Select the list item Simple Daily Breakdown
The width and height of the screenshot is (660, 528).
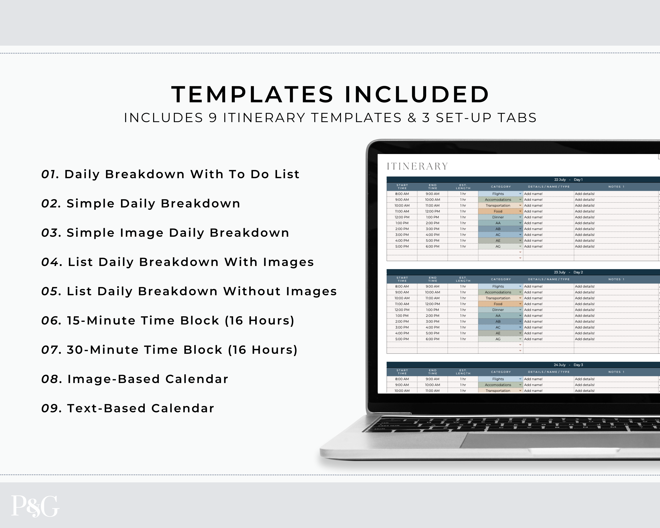153,203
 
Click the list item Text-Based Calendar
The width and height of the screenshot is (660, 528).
141,408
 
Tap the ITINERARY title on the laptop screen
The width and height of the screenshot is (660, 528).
417,166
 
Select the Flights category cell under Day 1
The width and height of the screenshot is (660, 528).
498,194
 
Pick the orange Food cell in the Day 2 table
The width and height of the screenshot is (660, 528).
498,304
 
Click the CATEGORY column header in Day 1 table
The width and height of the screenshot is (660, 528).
501,187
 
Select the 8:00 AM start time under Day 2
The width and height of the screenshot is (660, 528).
402,286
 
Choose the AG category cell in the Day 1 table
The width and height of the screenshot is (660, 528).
498,246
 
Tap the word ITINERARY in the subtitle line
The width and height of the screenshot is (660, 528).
264,118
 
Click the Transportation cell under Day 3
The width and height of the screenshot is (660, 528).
498,390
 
